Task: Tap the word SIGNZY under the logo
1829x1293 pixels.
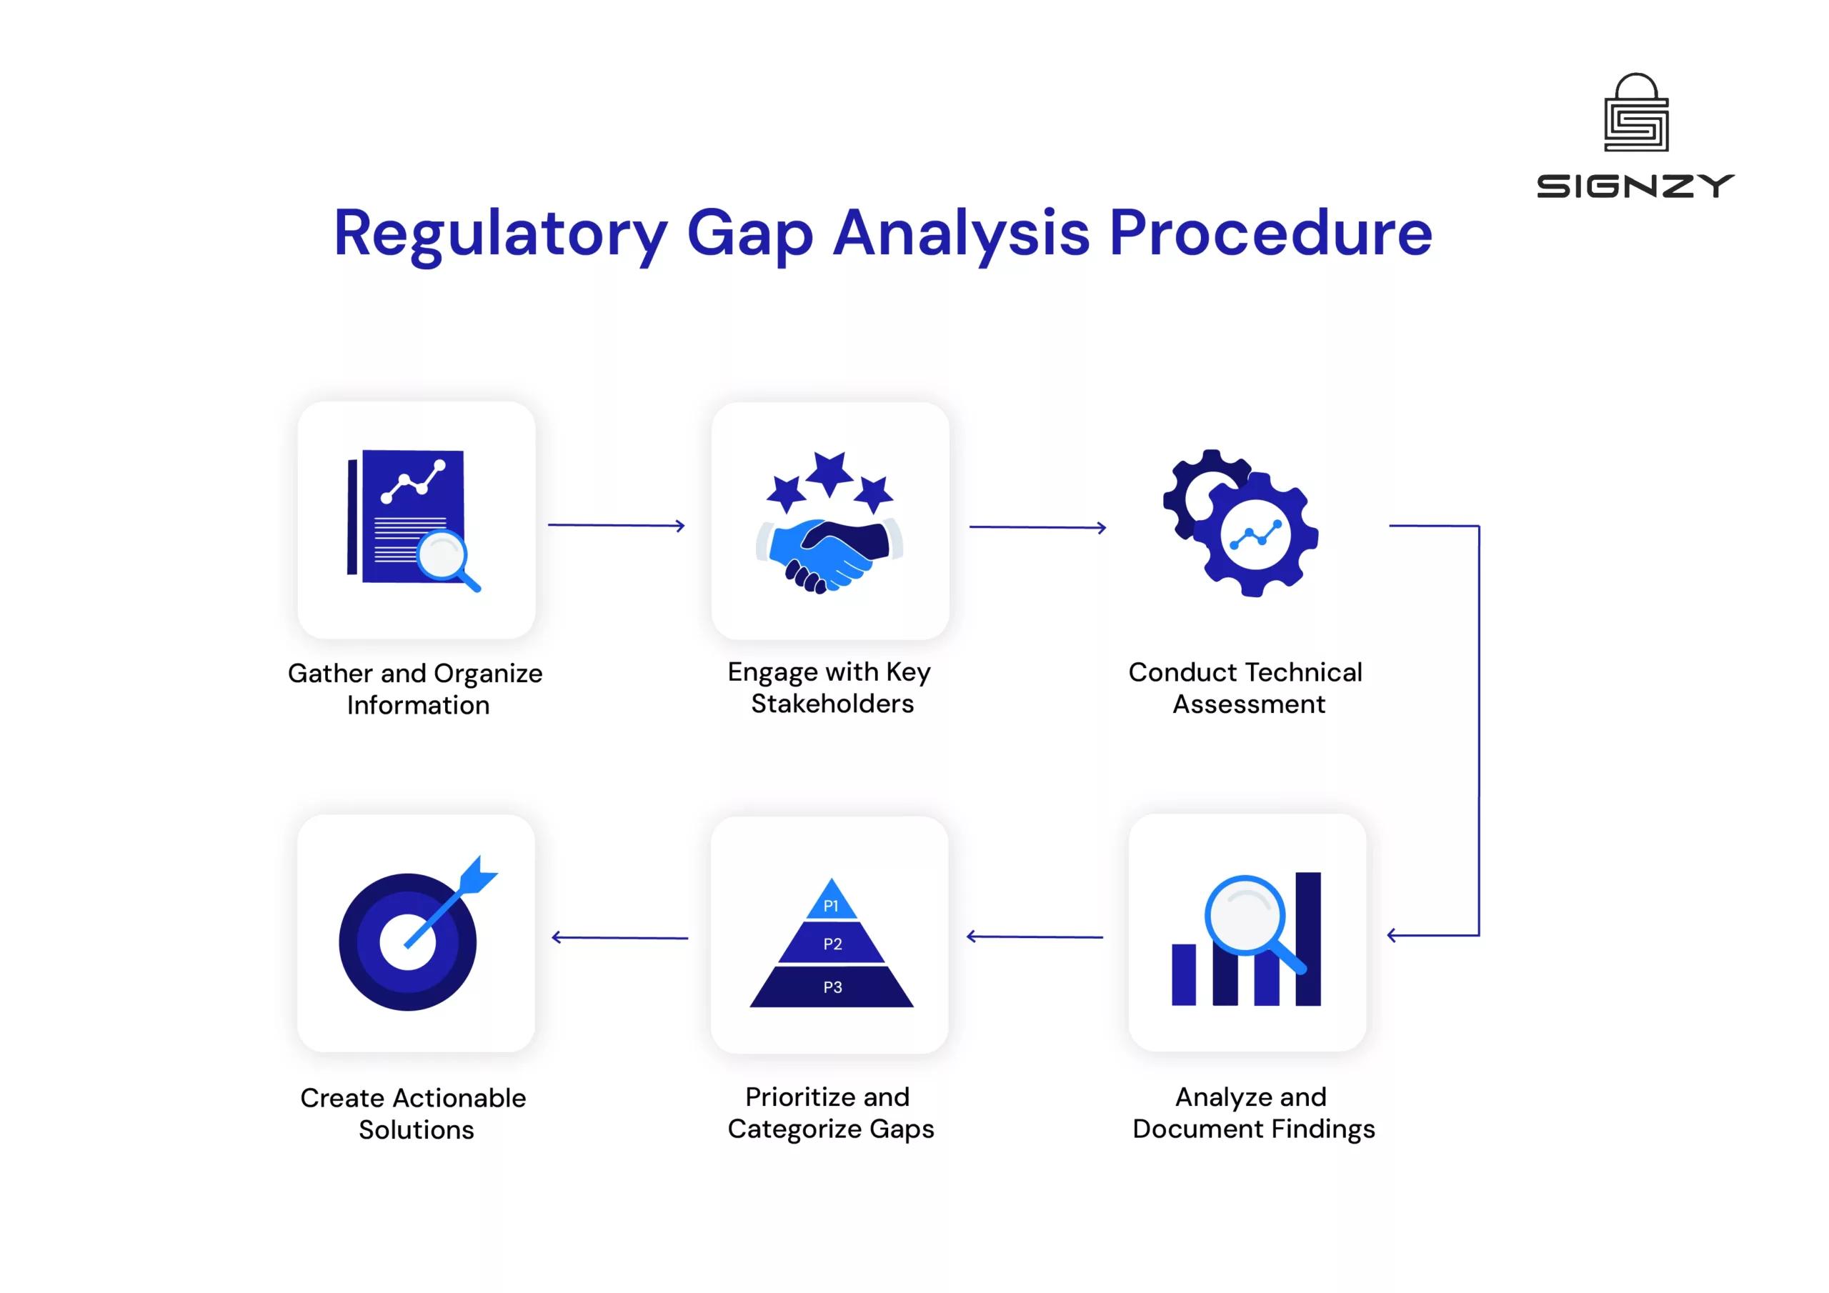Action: pos(1635,186)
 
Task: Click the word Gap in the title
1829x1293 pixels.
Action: pos(749,234)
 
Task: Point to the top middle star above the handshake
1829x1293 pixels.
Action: pos(829,472)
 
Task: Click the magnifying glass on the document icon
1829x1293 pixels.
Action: pos(444,555)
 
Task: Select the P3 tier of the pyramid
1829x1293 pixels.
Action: pos(832,987)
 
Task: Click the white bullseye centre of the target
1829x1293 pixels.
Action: pos(407,942)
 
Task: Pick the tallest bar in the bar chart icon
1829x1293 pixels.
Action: pos(1307,938)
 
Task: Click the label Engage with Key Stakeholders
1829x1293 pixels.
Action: pos(830,687)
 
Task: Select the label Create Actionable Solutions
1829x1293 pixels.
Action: pos(414,1113)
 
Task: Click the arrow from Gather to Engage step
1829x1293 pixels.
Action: pos(616,525)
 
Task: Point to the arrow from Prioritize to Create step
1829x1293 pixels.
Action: pos(619,938)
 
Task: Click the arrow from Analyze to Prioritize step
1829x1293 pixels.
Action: pos(1034,937)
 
